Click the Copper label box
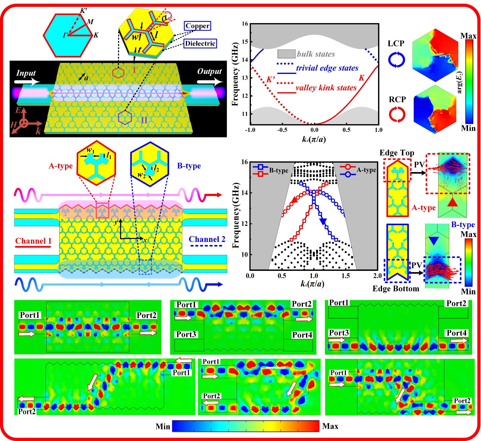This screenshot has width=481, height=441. click(197, 26)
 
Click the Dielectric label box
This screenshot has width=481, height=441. click(200, 43)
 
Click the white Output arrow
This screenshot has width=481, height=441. click(210, 81)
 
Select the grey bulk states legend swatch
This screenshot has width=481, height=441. click(286, 54)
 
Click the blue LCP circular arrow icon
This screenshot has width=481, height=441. click(396, 60)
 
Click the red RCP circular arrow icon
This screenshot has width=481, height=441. click(397, 115)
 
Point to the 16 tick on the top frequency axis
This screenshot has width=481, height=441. click(245, 24)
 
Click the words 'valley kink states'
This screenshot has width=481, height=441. click(326, 88)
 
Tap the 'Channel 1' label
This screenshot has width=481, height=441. click(33, 241)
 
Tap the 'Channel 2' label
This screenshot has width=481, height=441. click(207, 239)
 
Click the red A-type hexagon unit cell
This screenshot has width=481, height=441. click(96, 163)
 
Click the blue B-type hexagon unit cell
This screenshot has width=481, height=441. click(150, 164)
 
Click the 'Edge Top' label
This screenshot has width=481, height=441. click(397, 153)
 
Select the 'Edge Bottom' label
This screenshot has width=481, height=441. click(396, 289)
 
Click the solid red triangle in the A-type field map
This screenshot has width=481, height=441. click(452, 202)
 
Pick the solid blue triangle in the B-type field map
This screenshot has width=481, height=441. click(433, 240)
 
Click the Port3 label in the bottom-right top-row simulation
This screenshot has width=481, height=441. click(339, 333)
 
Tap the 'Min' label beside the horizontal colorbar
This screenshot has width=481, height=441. click(163, 426)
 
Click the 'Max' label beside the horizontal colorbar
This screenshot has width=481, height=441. click(330, 426)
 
